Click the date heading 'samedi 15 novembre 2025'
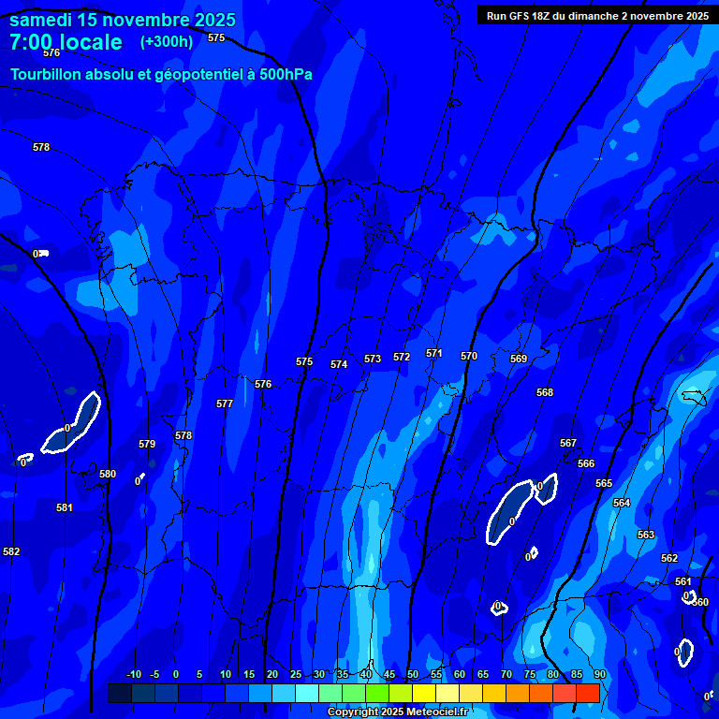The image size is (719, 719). pyautogui.click(x=123, y=20)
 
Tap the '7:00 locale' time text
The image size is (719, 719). pyautogui.click(x=66, y=42)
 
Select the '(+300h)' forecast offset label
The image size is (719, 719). pyautogui.click(x=167, y=41)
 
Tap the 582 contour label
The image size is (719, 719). pyautogui.click(x=11, y=551)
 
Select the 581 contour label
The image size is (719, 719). pyautogui.click(x=64, y=507)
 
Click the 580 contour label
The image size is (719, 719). pyautogui.click(x=108, y=474)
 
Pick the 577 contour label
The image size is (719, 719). pyautogui.click(x=225, y=404)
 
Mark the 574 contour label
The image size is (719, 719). pyautogui.click(x=339, y=364)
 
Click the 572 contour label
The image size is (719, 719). pyautogui.click(x=402, y=357)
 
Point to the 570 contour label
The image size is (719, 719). pyautogui.click(x=469, y=356)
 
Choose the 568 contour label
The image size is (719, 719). pyautogui.click(x=545, y=392)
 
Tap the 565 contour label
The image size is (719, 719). pyautogui.click(x=604, y=483)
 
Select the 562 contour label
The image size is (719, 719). pyautogui.click(x=669, y=558)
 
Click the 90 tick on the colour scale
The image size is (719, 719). pyautogui.click(x=599, y=674)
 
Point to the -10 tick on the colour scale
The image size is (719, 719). pyautogui.click(x=133, y=674)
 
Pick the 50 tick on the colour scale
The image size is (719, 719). pyautogui.click(x=413, y=674)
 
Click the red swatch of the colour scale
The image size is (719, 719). pyautogui.click(x=587, y=694)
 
